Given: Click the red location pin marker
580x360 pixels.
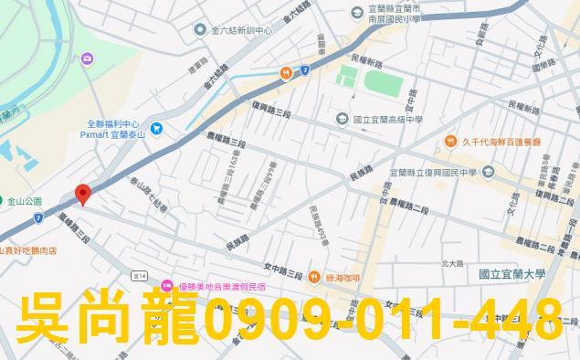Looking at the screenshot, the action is pyautogui.click(x=82, y=194).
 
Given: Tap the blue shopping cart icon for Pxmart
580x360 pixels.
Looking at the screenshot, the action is pyautogui.click(x=157, y=128).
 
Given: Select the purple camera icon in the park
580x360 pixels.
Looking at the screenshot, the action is pyautogui.click(x=88, y=59).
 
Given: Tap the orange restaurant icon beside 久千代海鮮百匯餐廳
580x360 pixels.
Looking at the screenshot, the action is pyautogui.click(x=451, y=141).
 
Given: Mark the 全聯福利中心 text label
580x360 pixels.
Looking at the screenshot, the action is pyautogui.click(x=113, y=123).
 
